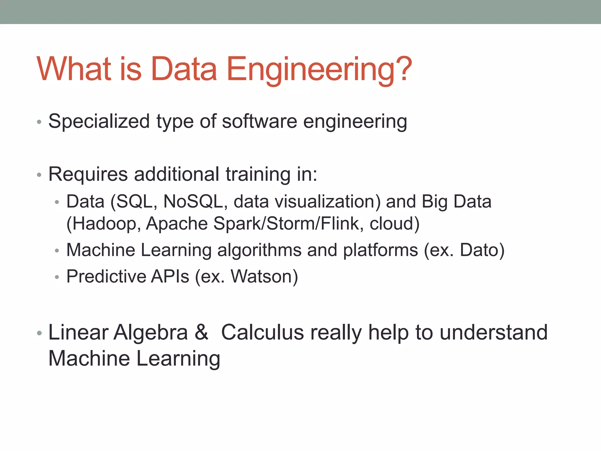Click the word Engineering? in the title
point(319,69)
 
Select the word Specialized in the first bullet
point(99,122)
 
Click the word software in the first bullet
point(259,121)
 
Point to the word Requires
point(88,174)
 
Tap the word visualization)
point(307,202)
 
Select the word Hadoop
point(104,224)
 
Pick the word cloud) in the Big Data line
point(394,224)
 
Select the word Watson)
point(264,277)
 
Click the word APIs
point(170,277)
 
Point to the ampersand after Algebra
point(201,332)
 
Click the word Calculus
point(262,332)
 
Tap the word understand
point(494,332)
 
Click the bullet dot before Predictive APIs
point(57,277)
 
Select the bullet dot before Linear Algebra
point(39,333)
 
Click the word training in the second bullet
point(258,174)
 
